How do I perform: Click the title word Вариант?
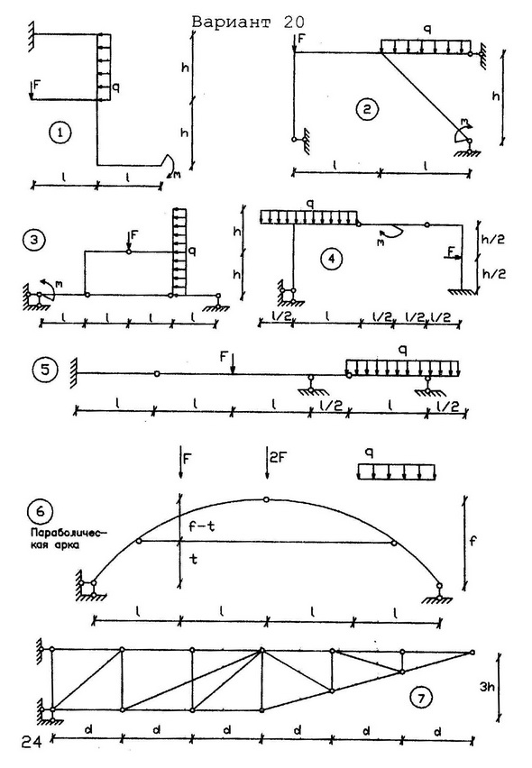[x=230, y=22]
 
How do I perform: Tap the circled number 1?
[x=60, y=133]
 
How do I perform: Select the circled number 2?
[x=367, y=109]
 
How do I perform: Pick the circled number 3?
[x=33, y=240]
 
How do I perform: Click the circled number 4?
[x=332, y=258]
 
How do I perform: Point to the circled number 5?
[x=45, y=369]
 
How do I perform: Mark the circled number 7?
[x=421, y=698]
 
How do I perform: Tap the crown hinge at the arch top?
[x=266, y=499]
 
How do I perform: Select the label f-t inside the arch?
[x=202, y=526]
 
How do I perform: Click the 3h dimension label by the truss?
[x=487, y=687]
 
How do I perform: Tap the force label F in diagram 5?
[x=225, y=356]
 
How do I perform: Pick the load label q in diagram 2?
[x=427, y=31]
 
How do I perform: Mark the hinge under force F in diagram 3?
[x=129, y=251]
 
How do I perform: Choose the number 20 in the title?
[x=293, y=22]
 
